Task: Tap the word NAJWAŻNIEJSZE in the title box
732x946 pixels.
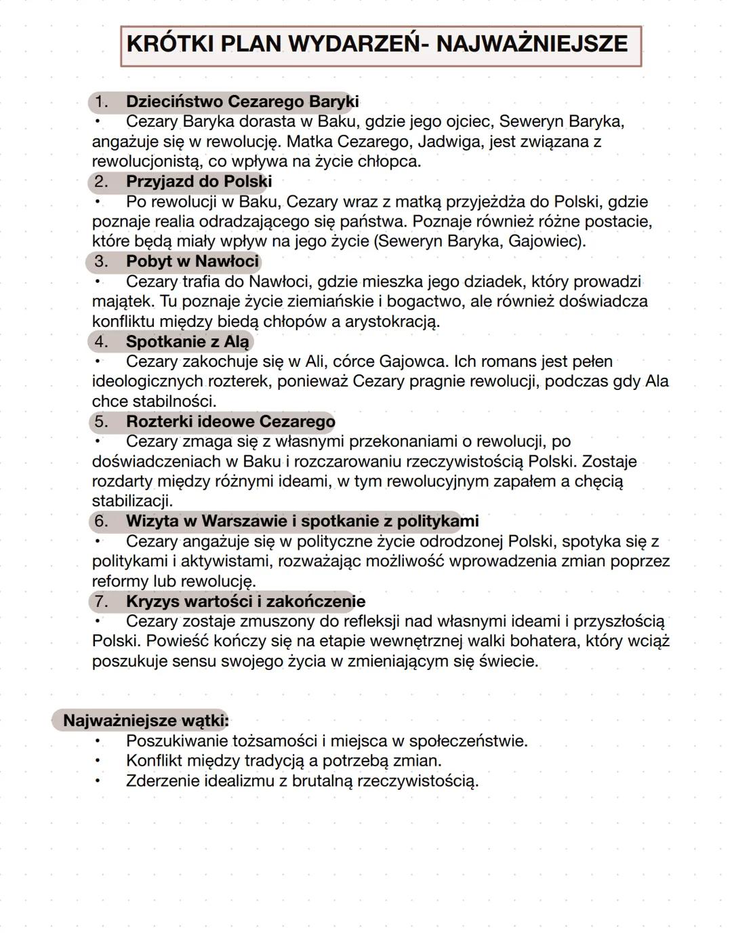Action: [531, 44]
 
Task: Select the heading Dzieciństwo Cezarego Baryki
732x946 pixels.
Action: [242, 102]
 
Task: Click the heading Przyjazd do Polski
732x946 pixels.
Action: [199, 182]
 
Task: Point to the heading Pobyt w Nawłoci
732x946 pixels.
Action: [192, 262]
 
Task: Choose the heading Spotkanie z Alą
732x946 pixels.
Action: [188, 342]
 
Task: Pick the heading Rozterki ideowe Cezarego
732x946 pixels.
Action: [230, 422]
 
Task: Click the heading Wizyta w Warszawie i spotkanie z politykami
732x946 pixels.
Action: [302, 521]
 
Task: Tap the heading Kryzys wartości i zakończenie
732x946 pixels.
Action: [245, 602]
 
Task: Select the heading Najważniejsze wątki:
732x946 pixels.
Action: [146, 721]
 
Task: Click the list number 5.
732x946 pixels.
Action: [101, 422]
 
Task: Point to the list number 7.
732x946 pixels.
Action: [101, 602]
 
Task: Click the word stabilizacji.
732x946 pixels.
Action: [132, 502]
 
